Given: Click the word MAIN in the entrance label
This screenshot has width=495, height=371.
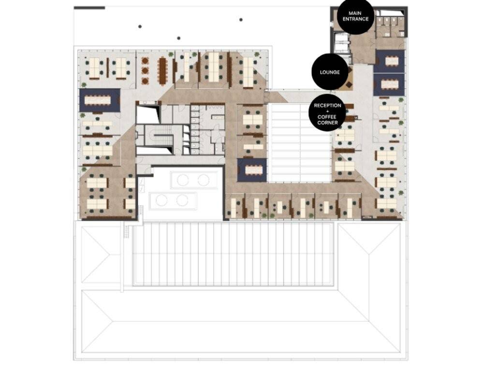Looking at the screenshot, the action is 355,13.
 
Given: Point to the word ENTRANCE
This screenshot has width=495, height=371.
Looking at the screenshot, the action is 355,19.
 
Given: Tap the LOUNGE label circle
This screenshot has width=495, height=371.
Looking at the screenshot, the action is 330,72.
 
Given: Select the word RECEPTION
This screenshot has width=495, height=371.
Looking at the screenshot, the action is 327,105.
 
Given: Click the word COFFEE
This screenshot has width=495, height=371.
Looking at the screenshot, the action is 327,117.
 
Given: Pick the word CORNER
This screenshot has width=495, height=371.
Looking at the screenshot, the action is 327,123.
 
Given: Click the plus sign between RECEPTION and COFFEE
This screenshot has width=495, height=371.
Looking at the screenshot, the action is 327,112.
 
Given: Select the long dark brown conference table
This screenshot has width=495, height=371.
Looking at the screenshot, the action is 162,71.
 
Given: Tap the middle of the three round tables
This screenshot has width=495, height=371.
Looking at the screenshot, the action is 145,70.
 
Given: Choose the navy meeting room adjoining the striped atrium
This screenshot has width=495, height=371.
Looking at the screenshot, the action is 251,170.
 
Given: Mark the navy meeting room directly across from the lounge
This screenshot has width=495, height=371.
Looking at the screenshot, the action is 389,84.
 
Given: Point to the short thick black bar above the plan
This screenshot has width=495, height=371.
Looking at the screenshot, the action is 89,8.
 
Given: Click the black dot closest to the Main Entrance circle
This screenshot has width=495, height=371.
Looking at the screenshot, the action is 241,20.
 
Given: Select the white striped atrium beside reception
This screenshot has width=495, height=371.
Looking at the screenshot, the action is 298,143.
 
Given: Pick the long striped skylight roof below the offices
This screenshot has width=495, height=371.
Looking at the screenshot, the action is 233,254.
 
